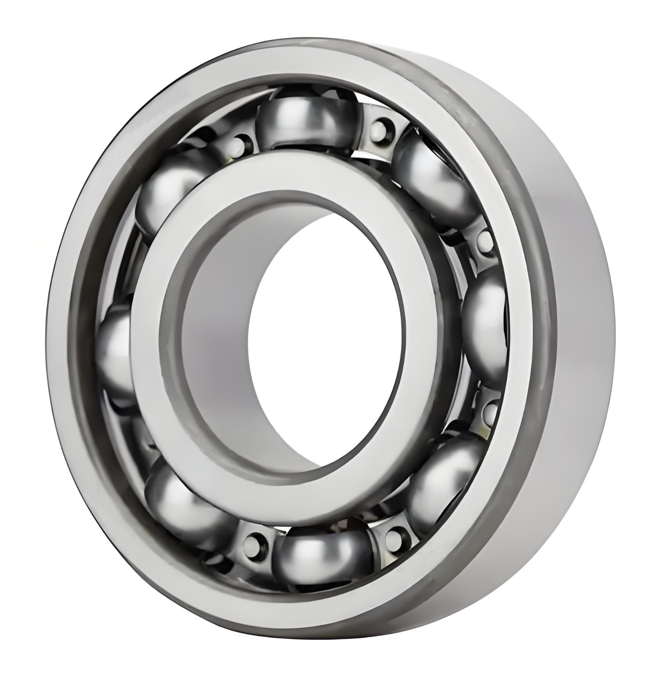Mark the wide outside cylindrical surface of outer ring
pyautogui.click(x=584, y=343)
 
